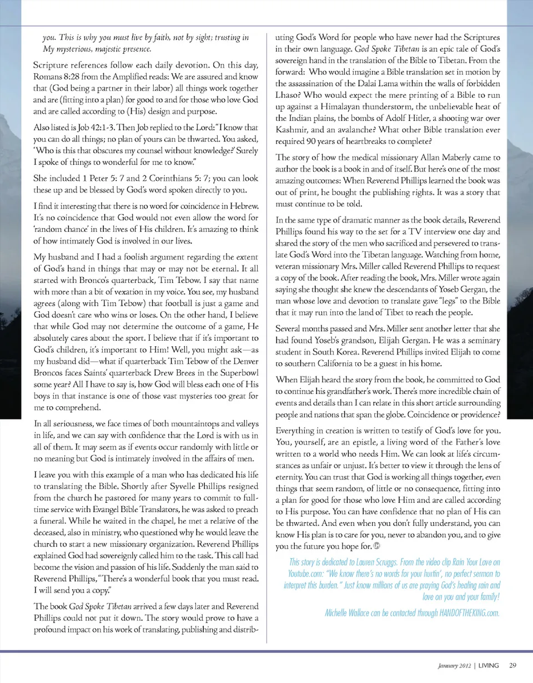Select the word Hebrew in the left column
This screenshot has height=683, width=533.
pos(242,206)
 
